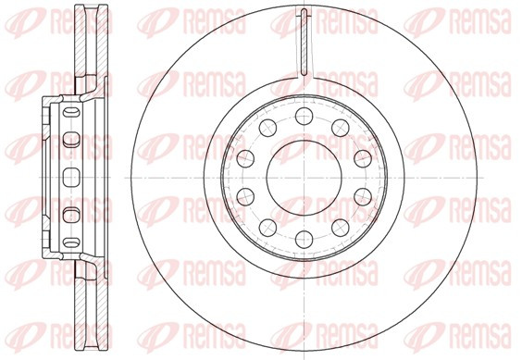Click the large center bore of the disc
point(304,178)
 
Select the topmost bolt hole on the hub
point(304,116)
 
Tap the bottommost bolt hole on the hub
point(304,240)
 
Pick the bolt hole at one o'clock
point(341,128)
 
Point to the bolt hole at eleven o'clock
point(267,128)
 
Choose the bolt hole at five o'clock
point(341,228)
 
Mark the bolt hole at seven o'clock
point(267,228)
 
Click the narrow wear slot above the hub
point(304,42)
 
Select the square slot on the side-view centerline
point(71,178)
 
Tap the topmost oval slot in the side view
point(71,112)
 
